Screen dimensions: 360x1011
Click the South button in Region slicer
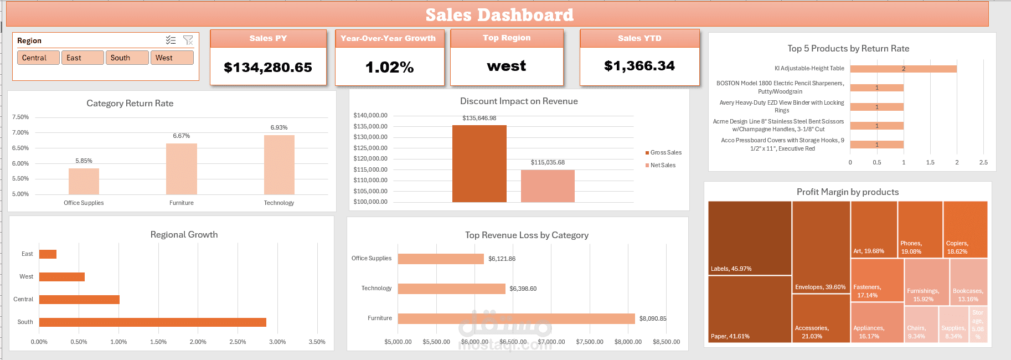[x=127, y=58]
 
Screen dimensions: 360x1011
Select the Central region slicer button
[x=38, y=58]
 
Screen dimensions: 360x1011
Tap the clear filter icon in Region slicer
[x=188, y=40]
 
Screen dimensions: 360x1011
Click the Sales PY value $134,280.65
[x=268, y=68]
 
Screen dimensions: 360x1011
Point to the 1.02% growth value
[x=389, y=68]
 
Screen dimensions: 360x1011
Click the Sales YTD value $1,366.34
[x=639, y=66]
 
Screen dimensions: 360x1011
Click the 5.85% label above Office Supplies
[x=84, y=161]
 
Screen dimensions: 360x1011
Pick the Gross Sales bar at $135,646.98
[x=479, y=163]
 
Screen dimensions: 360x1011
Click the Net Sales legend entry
[x=662, y=165]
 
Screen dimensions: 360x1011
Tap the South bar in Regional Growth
[x=152, y=322]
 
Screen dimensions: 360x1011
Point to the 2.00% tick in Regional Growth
[x=198, y=342]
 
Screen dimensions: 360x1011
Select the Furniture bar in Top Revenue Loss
[x=516, y=318]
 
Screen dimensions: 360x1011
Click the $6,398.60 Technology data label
[x=523, y=289]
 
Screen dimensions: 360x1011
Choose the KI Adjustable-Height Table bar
[x=903, y=69]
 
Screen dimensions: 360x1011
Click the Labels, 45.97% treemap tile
[x=750, y=238]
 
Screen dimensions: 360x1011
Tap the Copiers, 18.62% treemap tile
[x=965, y=229]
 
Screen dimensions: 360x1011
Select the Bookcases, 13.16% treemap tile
[x=968, y=282]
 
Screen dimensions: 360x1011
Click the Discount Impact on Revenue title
[x=519, y=101]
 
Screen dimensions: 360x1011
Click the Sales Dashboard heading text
[x=499, y=15]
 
